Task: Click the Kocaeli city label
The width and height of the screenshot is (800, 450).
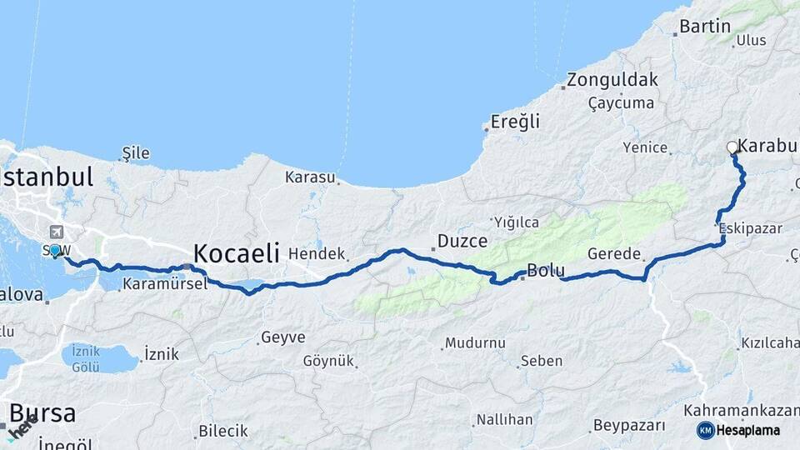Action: point(236,252)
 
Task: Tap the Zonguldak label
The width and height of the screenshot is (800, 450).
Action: point(612,81)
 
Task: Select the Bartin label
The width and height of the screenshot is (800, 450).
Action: point(704,26)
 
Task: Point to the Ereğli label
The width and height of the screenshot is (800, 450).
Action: point(515,122)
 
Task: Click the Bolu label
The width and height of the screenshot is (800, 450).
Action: point(546,271)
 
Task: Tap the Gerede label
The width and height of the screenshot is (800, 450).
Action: point(613,254)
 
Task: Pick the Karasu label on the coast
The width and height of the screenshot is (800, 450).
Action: point(310,177)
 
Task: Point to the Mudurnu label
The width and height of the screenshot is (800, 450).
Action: point(475,342)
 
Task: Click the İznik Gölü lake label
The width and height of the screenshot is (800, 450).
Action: point(86,357)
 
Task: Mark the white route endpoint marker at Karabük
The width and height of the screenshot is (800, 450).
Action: point(732,147)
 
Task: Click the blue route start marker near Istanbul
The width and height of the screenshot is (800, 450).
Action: point(55,250)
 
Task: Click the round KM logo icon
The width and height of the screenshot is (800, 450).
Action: point(705,430)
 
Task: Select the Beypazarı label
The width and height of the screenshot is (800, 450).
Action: point(629,426)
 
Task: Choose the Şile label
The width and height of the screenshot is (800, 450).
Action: point(136,152)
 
